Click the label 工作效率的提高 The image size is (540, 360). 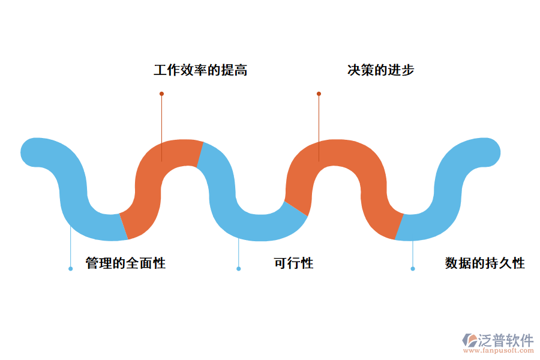[x=200, y=70]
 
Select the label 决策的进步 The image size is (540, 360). [x=380, y=70]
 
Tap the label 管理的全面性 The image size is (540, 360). [x=125, y=263]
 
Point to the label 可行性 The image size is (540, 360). [x=293, y=263]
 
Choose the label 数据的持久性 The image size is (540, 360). [x=485, y=263]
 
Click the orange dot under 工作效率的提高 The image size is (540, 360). [x=161, y=94]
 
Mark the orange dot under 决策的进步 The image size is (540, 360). [x=319, y=94]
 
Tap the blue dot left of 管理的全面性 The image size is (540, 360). [x=70, y=269]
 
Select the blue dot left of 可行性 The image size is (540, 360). [x=238, y=269]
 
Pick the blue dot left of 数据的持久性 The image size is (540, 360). [x=412, y=269]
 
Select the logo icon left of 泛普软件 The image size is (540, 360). [x=469, y=341]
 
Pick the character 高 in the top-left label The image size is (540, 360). [x=241, y=70]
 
